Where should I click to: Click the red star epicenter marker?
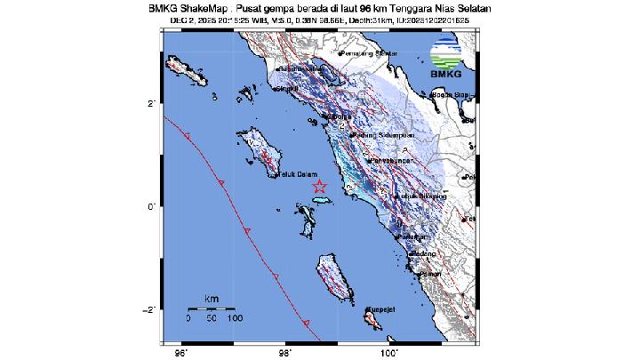(x=320, y=187)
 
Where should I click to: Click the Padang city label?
(x=424, y=254)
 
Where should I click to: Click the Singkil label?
(x=287, y=89)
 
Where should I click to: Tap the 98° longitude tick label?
(x=285, y=352)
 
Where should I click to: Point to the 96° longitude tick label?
(x=182, y=352)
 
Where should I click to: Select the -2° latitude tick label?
(x=152, y=309)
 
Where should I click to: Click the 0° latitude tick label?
(x=154, y=206)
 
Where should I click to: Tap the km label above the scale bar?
(x=211, y=297)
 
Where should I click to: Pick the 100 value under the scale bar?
(x=234, y=316)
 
